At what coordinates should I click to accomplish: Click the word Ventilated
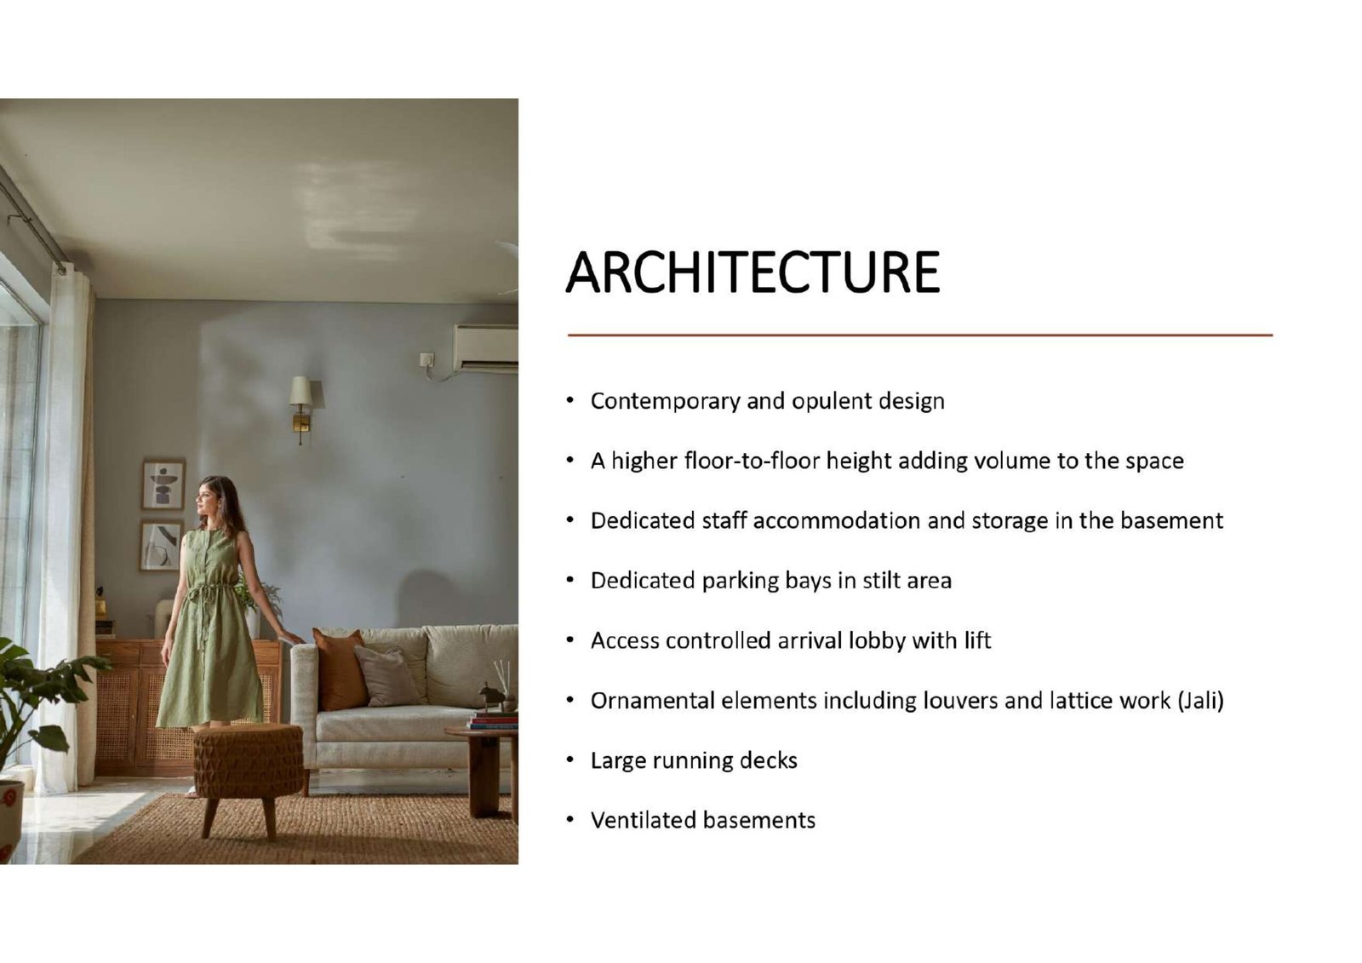click(x=644, y=821)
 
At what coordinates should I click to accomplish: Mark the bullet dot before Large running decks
click(x=569, y=760)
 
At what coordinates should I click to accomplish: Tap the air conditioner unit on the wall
click(x=486, y=350)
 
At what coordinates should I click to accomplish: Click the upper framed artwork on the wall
click(x=163, y=484)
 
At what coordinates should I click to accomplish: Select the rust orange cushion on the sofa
click(x=340, y=669)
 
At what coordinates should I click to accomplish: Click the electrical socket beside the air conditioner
click(x=426, y=359)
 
